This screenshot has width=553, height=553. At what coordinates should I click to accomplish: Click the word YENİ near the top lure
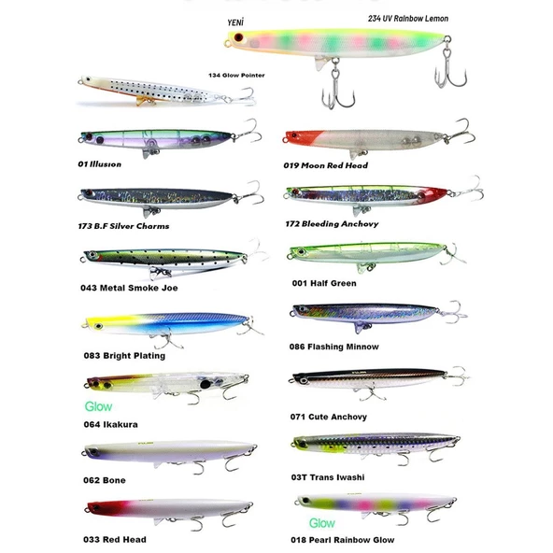point(235,23)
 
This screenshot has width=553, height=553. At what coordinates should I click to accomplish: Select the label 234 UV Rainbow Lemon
point(408,19)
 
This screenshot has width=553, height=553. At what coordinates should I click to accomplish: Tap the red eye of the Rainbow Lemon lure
point(239,37)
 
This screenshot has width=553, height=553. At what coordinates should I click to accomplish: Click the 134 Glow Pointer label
point(236,75)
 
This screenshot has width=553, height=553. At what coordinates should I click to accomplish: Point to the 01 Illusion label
point(99,164)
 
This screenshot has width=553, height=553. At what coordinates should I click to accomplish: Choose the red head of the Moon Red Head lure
point(303,136)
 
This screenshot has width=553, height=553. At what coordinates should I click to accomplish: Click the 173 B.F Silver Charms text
point(123,226)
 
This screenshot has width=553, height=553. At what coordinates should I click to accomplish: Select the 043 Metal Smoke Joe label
point(129,288)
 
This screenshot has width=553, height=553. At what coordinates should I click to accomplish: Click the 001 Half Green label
point(324,283)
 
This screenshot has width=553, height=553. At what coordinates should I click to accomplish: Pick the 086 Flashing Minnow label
point(334,347)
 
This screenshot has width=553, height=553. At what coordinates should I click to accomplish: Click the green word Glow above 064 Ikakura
point(98,406)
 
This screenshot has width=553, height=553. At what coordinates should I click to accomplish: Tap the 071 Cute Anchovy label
point(329,417)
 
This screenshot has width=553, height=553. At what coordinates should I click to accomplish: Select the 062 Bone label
point(105,480)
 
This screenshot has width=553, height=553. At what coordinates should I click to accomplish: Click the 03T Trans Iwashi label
point(328,477)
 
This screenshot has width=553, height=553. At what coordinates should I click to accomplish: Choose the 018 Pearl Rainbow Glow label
point(343,540)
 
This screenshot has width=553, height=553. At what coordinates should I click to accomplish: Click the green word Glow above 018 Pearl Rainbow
point(322,523)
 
